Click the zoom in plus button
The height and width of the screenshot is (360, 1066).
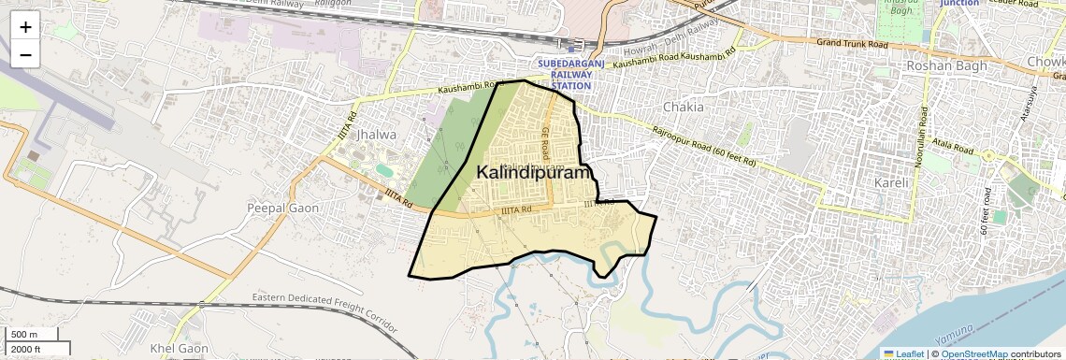click(25, 26)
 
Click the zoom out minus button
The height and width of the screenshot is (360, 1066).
click(25, 54)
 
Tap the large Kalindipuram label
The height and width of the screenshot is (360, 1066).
click(535, 173)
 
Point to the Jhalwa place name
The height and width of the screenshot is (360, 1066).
click(377, 135)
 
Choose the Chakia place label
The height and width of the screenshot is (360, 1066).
click(683, 107)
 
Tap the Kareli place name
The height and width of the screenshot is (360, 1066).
click(891, 182)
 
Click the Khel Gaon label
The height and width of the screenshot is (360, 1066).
click(179, 349)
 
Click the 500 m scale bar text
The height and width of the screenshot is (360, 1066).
click(24, 335)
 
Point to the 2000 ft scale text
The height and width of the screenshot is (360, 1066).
click(27, 349)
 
